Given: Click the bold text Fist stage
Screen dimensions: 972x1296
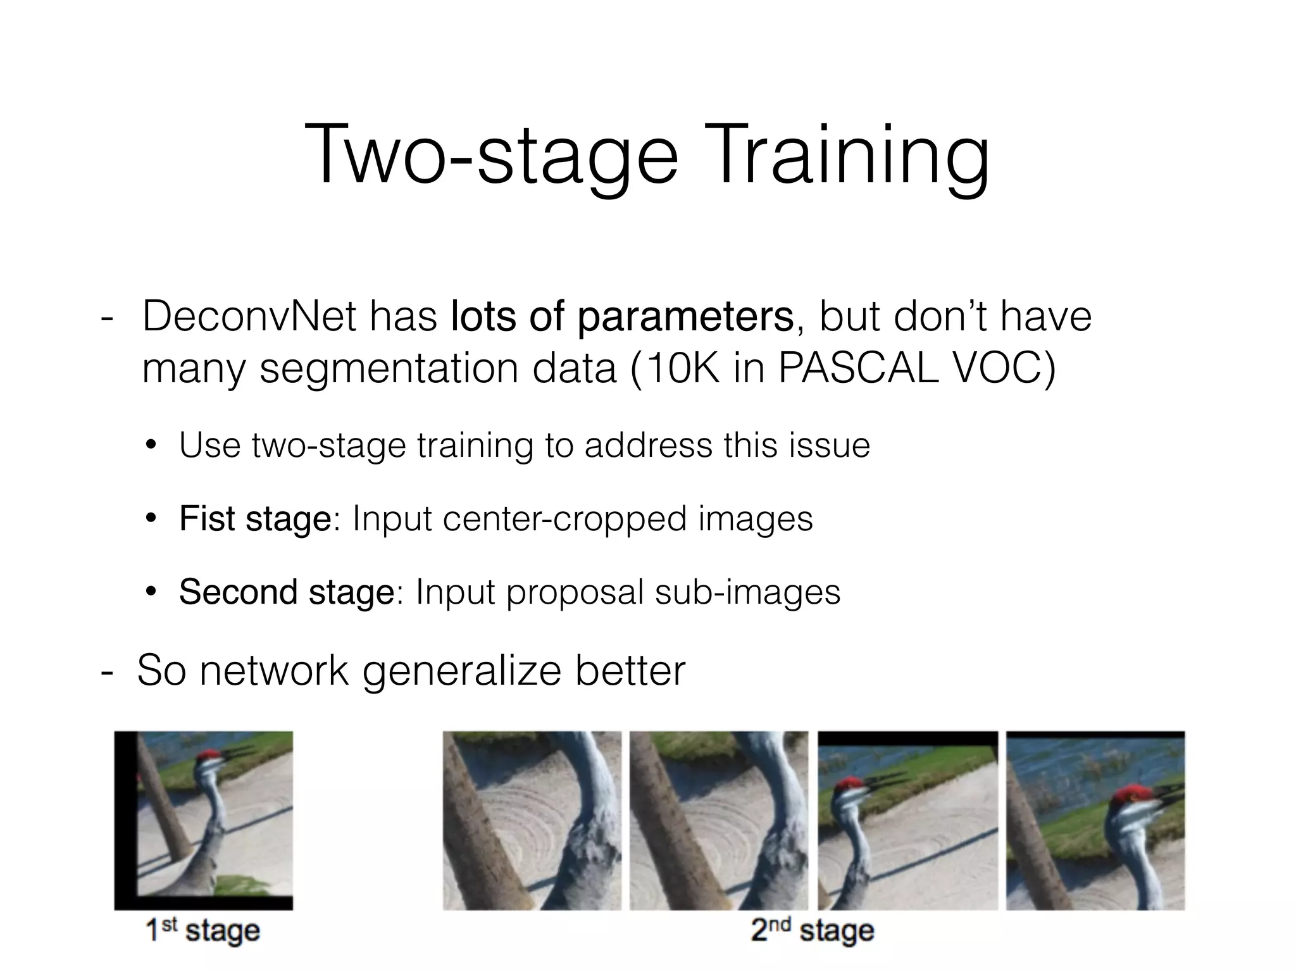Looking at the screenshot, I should point(255,519).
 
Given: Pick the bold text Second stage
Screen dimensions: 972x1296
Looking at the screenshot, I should point(287,592).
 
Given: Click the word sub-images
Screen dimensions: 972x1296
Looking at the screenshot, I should point(747,592).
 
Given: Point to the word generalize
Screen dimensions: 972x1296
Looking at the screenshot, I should point(462,670).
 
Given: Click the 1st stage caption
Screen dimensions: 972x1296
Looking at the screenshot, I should point(202,931).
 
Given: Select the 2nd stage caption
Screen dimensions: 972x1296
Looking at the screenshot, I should point(813,931).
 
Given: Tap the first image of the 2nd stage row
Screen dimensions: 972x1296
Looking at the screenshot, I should point(532,821).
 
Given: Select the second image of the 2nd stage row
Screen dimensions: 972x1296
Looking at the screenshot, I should point(719,821).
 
